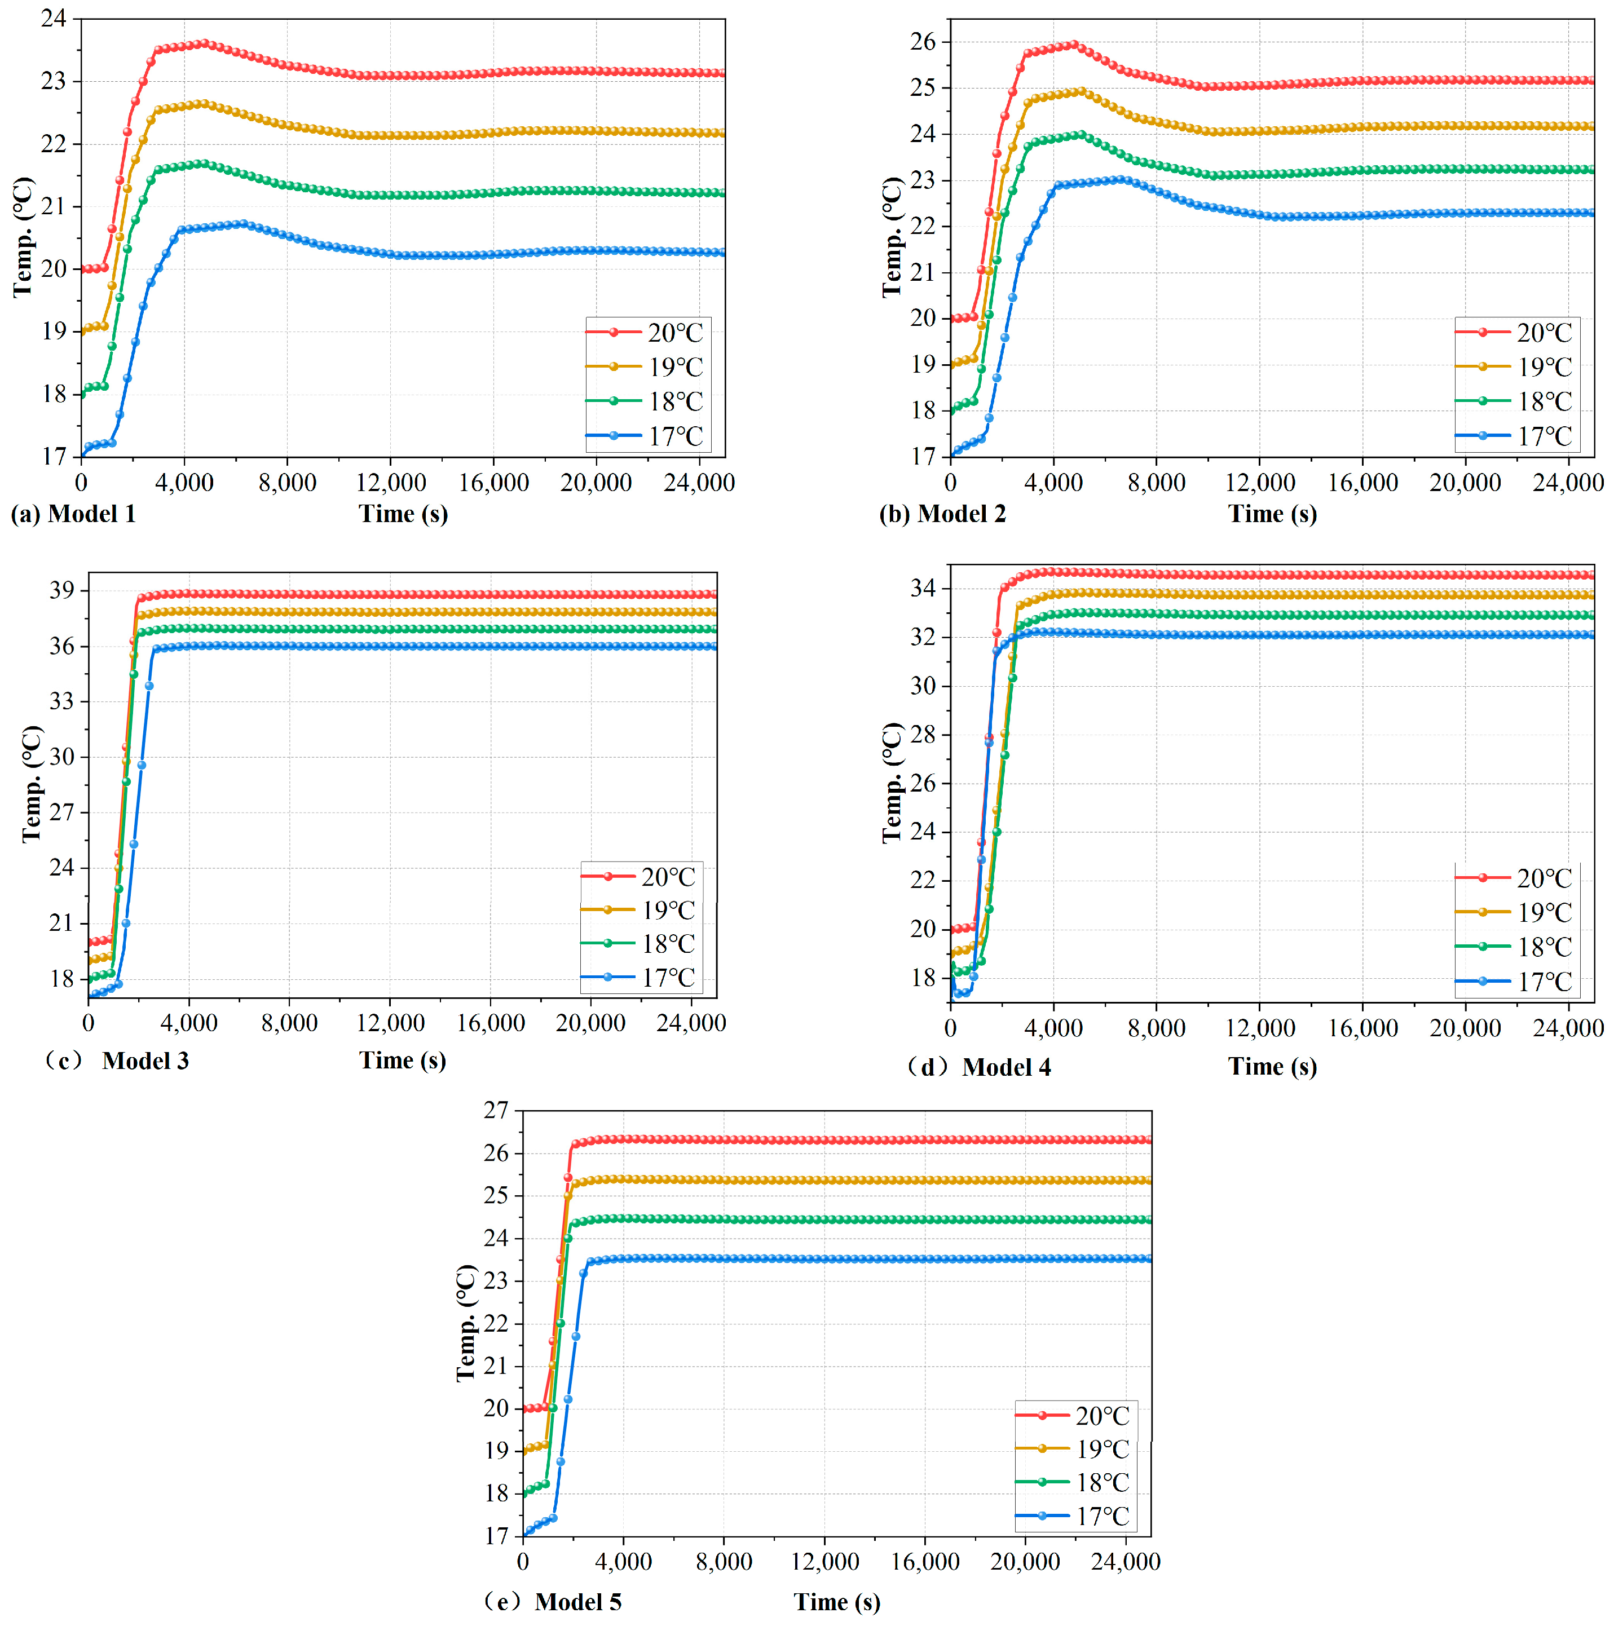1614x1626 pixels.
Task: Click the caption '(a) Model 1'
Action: [x=73, y=514]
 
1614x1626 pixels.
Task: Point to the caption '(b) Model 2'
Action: [x=942, y=514]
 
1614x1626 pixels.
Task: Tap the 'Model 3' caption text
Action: [x=145, y=1061]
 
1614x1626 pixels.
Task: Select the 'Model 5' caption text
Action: [x=579, y=1602]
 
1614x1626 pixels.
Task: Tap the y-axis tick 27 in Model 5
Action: [x=496, y=1110]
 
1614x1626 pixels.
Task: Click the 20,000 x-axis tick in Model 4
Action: [x=1465, y=1028]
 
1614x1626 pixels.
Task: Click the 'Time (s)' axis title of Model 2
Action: [x=1272, y=514]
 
